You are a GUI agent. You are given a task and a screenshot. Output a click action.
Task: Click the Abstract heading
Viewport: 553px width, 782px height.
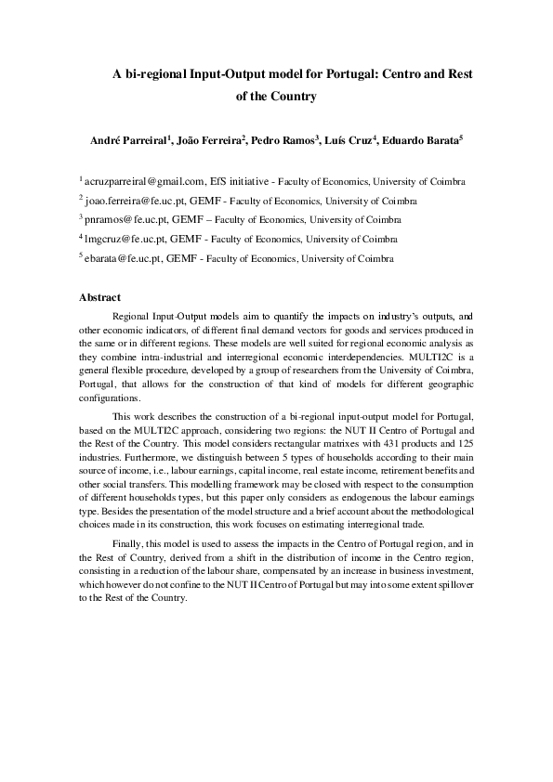pos(99,297)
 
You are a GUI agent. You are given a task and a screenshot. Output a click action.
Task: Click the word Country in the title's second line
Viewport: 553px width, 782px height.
pos(296,96)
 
